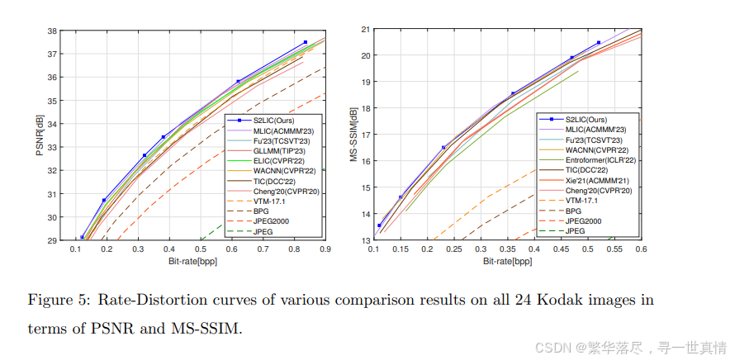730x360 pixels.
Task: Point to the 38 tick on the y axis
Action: click(x=53, y=31)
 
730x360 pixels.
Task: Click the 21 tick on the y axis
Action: click(x=363, y=30)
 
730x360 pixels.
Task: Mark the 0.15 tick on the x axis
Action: click(x=401, y=249)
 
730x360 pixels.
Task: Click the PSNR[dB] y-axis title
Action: click(x=39, y=136)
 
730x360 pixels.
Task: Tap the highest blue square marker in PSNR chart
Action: click(x=306, y=42)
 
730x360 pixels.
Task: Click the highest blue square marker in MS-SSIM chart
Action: click(x=599, y=43)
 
